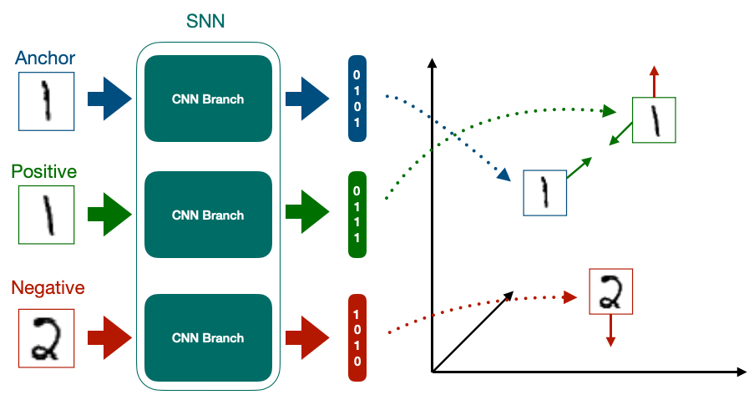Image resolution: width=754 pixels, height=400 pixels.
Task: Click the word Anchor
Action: tap(45, 58)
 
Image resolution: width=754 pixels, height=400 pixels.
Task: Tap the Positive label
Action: tap(44, 172)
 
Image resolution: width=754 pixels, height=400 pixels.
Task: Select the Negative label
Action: tap(48, 288)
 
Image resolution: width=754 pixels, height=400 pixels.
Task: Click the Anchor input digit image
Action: tap(46, 101)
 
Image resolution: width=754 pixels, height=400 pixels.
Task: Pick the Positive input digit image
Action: tap(46, 215)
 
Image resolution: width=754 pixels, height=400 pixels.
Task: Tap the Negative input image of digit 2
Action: tap(46, 338)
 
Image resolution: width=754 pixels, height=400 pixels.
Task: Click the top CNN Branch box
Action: tap(208, 99)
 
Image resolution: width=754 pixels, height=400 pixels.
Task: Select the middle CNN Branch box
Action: tap(208, 215)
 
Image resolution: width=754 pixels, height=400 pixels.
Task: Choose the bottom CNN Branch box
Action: tap(208, 338)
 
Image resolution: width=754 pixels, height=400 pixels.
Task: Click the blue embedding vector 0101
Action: tap(357, 99)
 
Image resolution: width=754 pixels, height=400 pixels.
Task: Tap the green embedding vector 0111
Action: tap(357, 215)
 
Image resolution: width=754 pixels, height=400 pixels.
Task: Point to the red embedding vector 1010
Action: tap(357, 338)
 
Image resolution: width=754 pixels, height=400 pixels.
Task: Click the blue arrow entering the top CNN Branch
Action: tap(109, 99)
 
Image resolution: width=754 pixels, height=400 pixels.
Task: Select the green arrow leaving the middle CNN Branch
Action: tap(307, 215)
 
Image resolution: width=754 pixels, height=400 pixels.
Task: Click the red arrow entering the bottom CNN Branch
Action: tap(109, 338)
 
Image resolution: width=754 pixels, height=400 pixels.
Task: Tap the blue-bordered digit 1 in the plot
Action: tap(544, 193)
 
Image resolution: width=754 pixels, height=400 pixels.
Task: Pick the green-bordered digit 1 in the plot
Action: tap(655, 120)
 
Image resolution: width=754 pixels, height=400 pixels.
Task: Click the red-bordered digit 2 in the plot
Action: tap(611, 291)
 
